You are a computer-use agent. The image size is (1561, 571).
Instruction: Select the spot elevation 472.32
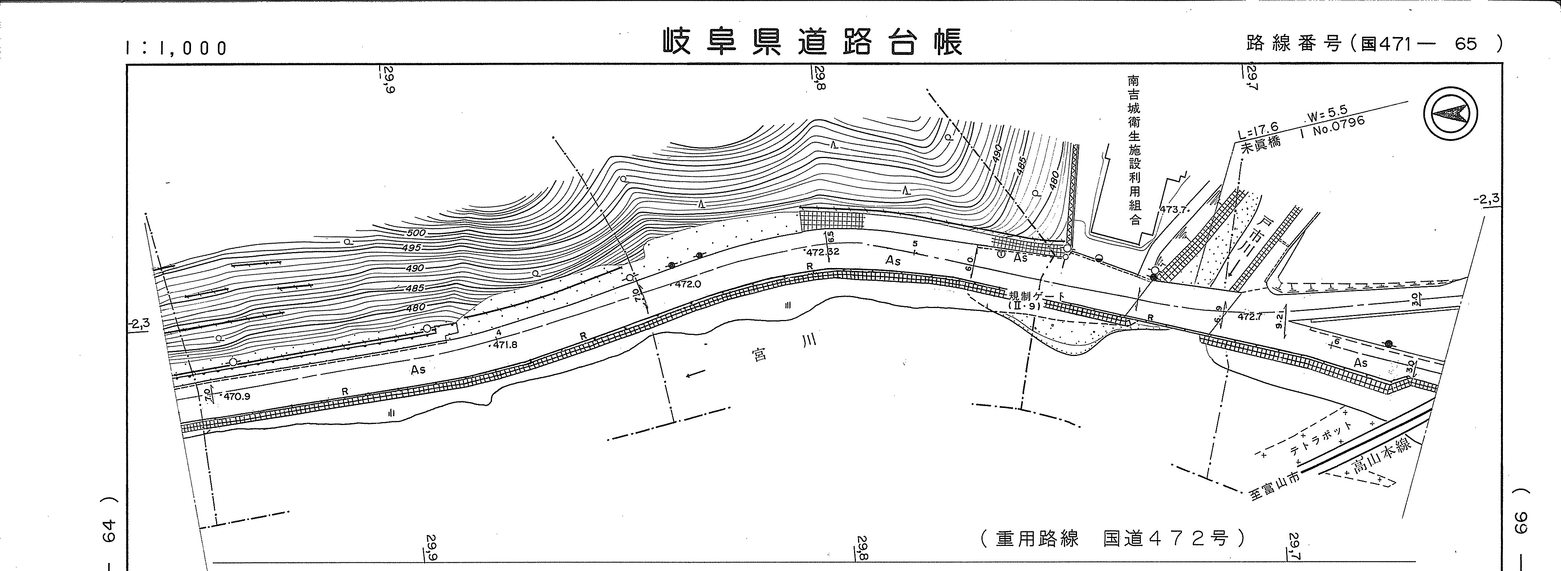(822, 252)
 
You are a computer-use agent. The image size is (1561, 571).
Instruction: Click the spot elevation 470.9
(237, 396)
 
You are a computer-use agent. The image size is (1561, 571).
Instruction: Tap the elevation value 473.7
(1172, 209)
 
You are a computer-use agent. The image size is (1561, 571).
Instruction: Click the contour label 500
(416, 233)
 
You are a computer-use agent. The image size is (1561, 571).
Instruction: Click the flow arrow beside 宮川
(696, 375)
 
